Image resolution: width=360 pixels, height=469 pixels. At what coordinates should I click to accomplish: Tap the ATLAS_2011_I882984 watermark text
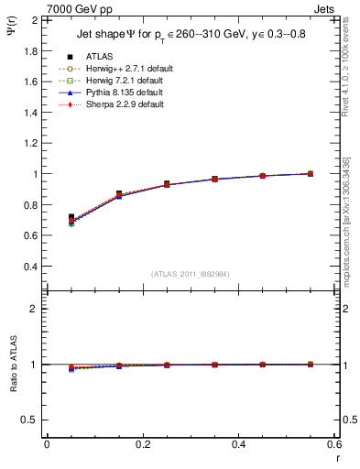tap(190, 274)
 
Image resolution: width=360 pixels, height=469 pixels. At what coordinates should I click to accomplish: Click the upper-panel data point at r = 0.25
tap(166, 184)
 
